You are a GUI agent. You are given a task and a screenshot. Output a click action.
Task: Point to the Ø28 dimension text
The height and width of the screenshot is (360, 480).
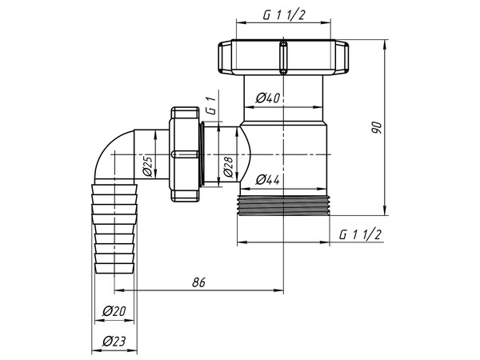point(229,166)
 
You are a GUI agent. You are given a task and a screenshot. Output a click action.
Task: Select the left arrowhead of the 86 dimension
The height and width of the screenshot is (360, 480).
point(121,290)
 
